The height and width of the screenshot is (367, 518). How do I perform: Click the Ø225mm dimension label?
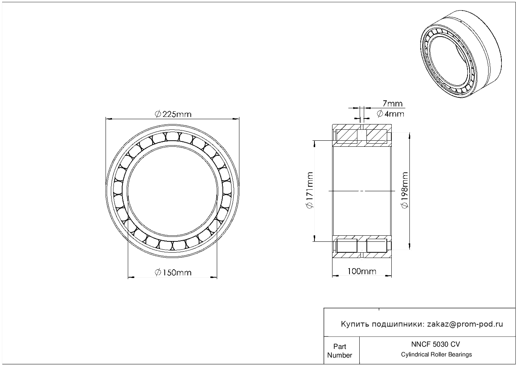173,114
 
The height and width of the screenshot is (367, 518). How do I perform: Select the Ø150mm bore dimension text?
173,272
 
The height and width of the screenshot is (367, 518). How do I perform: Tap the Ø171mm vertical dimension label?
310,190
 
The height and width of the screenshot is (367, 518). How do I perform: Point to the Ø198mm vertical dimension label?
405,190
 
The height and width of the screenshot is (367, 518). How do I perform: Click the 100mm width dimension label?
362,271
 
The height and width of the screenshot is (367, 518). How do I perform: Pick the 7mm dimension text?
392,103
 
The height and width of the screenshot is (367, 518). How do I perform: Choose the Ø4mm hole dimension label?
390,114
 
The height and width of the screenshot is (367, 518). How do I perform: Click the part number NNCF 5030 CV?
435,344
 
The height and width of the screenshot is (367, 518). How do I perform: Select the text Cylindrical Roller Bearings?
436,354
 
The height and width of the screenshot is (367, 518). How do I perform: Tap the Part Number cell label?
339,350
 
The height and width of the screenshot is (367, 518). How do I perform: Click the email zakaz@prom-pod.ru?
465,324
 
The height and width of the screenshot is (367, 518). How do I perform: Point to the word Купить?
355,324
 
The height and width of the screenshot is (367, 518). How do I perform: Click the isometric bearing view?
461,54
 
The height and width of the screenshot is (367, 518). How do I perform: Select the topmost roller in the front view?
173,136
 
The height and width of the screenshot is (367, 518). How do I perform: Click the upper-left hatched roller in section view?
347,137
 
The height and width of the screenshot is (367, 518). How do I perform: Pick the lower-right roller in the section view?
377,245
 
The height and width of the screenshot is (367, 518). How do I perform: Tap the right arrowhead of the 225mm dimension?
236,119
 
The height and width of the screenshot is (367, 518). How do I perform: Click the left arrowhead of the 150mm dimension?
131,277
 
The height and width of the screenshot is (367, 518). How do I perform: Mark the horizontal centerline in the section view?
362,191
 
